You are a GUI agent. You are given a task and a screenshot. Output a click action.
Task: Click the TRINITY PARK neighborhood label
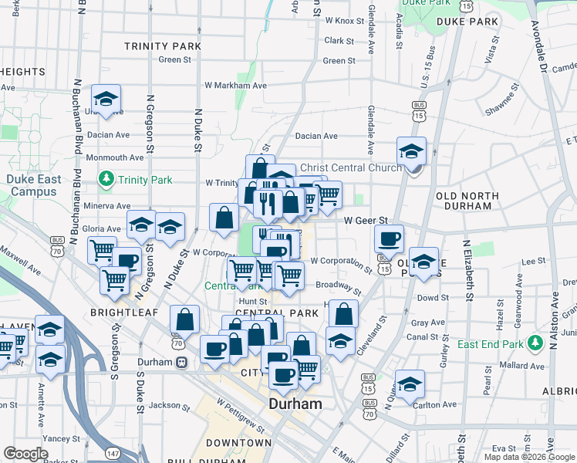(x=163, y=46)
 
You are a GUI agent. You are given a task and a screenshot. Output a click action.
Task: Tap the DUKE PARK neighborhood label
(x=467, y=22)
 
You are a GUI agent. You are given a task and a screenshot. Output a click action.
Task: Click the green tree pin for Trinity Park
(x=106, y=180)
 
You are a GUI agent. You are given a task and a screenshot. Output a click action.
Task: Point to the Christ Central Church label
(x=350, y=167)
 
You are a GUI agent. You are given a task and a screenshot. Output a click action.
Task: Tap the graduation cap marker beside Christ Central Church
(x=412, y=151)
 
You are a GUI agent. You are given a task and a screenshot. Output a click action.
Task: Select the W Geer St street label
(x=365, y=221)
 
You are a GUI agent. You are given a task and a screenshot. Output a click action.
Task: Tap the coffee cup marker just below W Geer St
(x=389, y=238)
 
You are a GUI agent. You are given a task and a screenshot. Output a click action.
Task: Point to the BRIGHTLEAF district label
(x=123, y=313)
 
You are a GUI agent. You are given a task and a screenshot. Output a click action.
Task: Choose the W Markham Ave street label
(x=235, y=86)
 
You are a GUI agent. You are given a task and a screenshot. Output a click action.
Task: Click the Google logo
(x=26, y=454)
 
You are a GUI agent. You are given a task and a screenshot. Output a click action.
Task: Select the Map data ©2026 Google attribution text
(x=530, y=457)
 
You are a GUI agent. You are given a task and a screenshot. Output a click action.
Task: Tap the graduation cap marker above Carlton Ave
(x=410, y=384)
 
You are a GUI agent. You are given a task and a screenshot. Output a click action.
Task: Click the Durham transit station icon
(x=182, y=362)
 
